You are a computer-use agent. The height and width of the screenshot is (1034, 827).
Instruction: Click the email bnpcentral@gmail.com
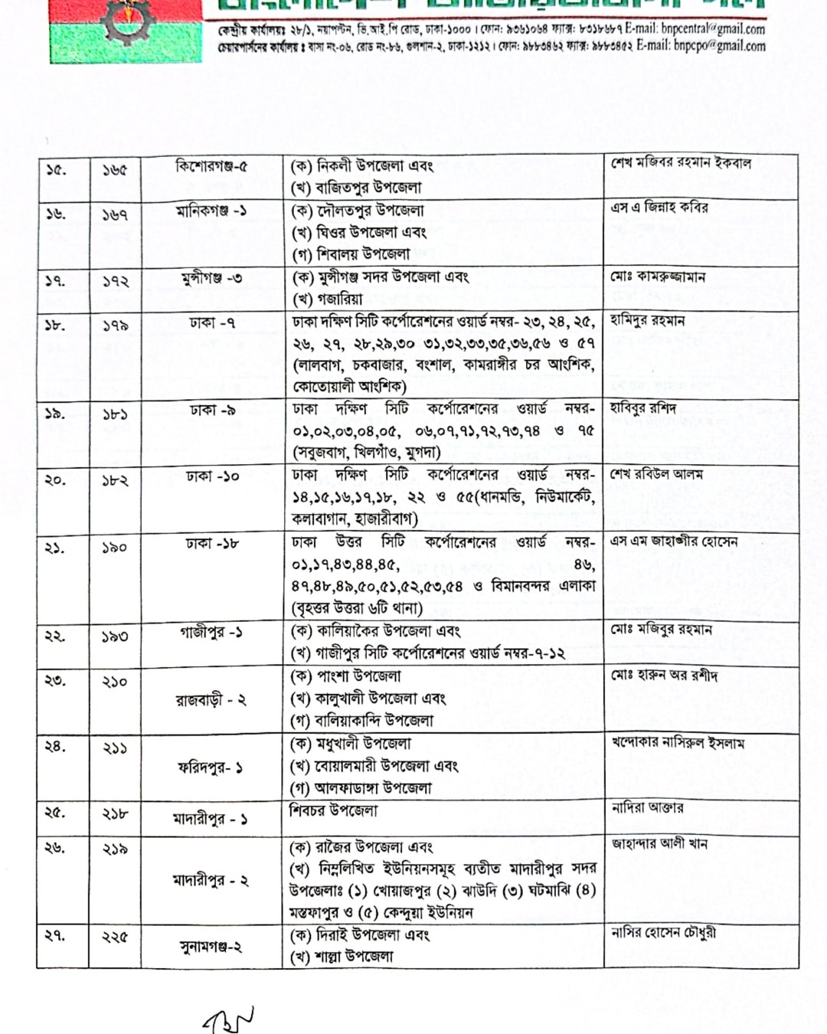tap(695, 29)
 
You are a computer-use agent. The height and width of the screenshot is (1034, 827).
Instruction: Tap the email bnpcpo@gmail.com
tap(700, 46)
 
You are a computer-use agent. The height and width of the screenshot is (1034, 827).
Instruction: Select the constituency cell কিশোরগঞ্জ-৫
tap(211, 166)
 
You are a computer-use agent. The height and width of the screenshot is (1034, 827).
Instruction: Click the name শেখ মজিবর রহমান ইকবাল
tap(681, 163)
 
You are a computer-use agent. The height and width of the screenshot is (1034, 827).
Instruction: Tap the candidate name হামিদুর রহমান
tap(648, 320)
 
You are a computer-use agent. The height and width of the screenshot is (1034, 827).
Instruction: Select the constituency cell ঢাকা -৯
tap(212, 411)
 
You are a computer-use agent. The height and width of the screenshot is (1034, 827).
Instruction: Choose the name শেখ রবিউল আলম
tap(656, 474)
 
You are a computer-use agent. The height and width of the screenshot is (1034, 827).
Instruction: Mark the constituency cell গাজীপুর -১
tap(211, 633)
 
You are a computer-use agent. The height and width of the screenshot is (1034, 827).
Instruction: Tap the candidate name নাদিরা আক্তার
tap(648, 807)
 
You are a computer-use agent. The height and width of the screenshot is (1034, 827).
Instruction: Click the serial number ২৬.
tap(55, 848)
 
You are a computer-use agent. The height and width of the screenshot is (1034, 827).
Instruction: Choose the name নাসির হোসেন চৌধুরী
tap(663, 932)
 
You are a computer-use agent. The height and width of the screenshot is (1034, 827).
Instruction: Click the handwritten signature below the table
tap(227, 1019)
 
